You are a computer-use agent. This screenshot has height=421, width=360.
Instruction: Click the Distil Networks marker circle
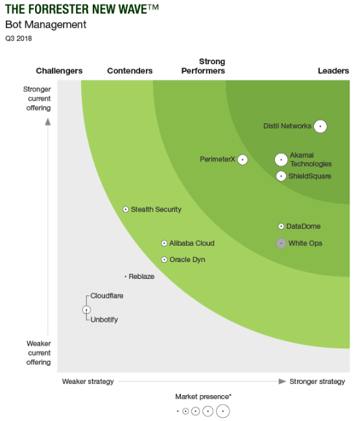[x=320, y=126]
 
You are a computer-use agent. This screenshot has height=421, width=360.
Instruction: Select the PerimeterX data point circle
[x=243, y=160]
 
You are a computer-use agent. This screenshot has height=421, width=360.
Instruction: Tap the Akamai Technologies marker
[x=281, y=160]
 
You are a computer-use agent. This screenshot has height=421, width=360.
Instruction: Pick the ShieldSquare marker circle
[x=281, y=176]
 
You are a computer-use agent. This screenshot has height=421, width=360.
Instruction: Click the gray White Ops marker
[x=281, y=243]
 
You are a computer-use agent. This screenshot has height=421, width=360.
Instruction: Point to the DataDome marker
[x=281, y=226]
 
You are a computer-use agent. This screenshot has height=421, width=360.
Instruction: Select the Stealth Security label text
[x=156, y=210]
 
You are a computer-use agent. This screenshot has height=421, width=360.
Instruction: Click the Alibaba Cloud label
[x=191, y=243]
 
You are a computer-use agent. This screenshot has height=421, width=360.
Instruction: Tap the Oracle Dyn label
[x=187, y=259]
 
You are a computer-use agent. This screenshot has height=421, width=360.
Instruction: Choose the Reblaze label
[x=141, y=276]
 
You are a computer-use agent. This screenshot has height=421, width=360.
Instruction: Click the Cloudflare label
[x=107, y=296]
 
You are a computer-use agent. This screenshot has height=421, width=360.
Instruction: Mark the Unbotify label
[x=104, y=319]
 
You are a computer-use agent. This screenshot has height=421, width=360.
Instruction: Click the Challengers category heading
[x=59, y=71]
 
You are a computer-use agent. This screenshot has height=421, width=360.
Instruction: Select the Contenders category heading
[x=130, y=71]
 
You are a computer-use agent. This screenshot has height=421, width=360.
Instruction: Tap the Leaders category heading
[x=333, y=71]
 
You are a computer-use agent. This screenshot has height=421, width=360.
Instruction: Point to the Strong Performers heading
[x=203, y=66]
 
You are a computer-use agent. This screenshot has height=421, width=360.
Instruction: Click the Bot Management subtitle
[x=45, y=25]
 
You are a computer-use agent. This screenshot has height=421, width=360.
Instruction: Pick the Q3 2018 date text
[x=18, y=38]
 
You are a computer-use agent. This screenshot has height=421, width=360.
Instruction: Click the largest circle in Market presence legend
[x=222, y=411]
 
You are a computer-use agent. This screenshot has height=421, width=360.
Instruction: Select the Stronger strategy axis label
[x=317, y=381]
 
